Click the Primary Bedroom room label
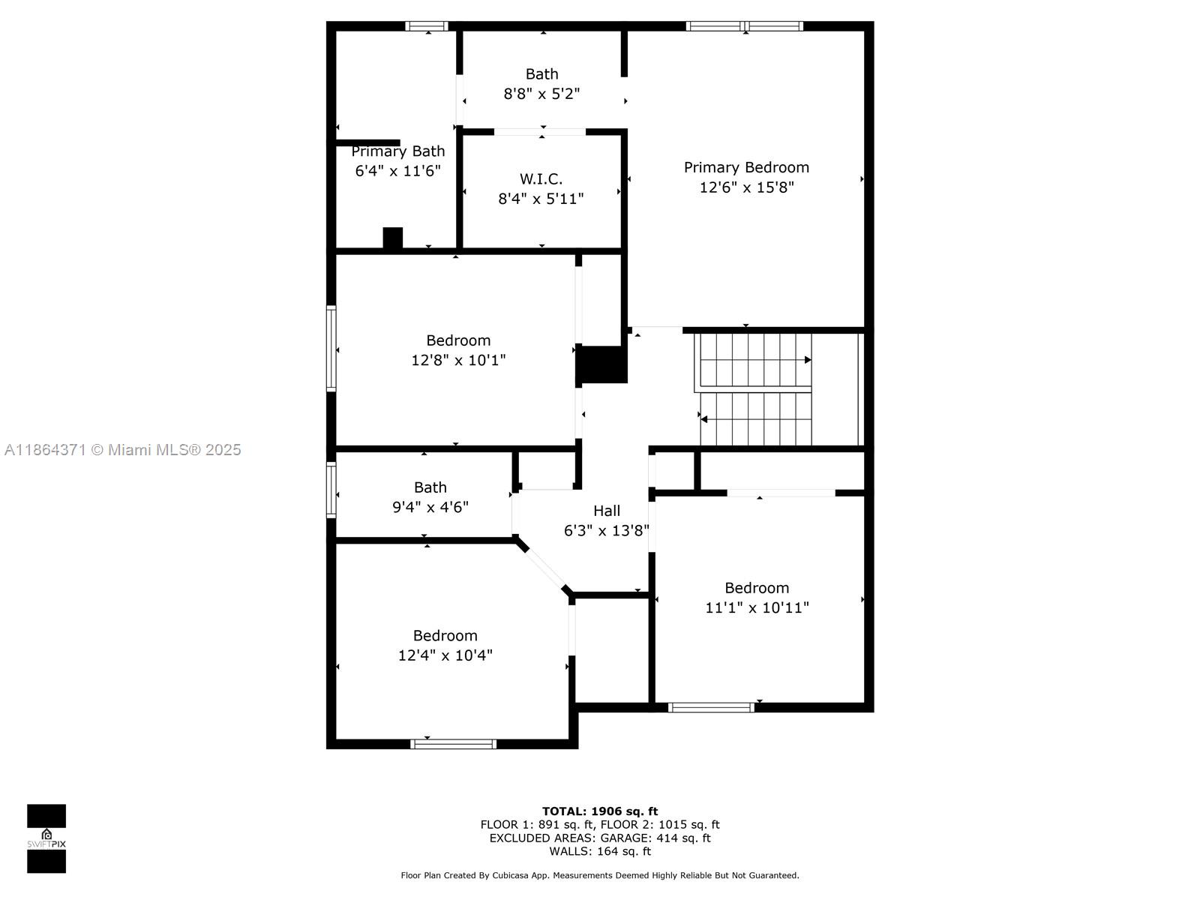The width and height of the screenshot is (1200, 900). click(x=746, y=167)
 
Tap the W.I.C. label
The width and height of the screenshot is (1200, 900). click(x=541, y=178)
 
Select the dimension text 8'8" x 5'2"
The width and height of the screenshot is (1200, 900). click(x=541, y=94)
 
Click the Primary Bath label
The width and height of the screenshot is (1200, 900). click(x=398, y=151)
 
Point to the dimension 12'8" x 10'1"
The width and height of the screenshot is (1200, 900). click(x=458, y=359)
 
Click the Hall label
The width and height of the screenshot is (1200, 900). click(x=606, y=511)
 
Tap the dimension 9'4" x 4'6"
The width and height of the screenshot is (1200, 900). click(x=430, y=506)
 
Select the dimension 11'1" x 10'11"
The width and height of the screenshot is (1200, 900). click(x=757, y=607)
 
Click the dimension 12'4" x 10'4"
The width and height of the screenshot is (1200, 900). click(x=445, y=655)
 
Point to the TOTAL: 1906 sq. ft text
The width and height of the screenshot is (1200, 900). click(x=600, y=811)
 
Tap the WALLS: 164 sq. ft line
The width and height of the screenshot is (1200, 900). click(x=600, y=850)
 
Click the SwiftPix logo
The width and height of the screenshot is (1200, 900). click(x=46, y=838)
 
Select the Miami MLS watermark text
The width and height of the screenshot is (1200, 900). click(x=122, y=449)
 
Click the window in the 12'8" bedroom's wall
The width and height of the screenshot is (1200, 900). click(x=331, y=348)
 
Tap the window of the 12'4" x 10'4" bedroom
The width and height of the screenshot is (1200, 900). click(x=453, y=744)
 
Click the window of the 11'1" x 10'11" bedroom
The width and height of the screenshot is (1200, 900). click(x=711, y=707)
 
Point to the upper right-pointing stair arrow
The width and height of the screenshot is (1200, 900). click(x=755, y=359)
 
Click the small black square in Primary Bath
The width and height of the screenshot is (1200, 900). click(x=392, y=238)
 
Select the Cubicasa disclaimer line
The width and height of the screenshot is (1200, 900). click(x=600, y=874)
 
